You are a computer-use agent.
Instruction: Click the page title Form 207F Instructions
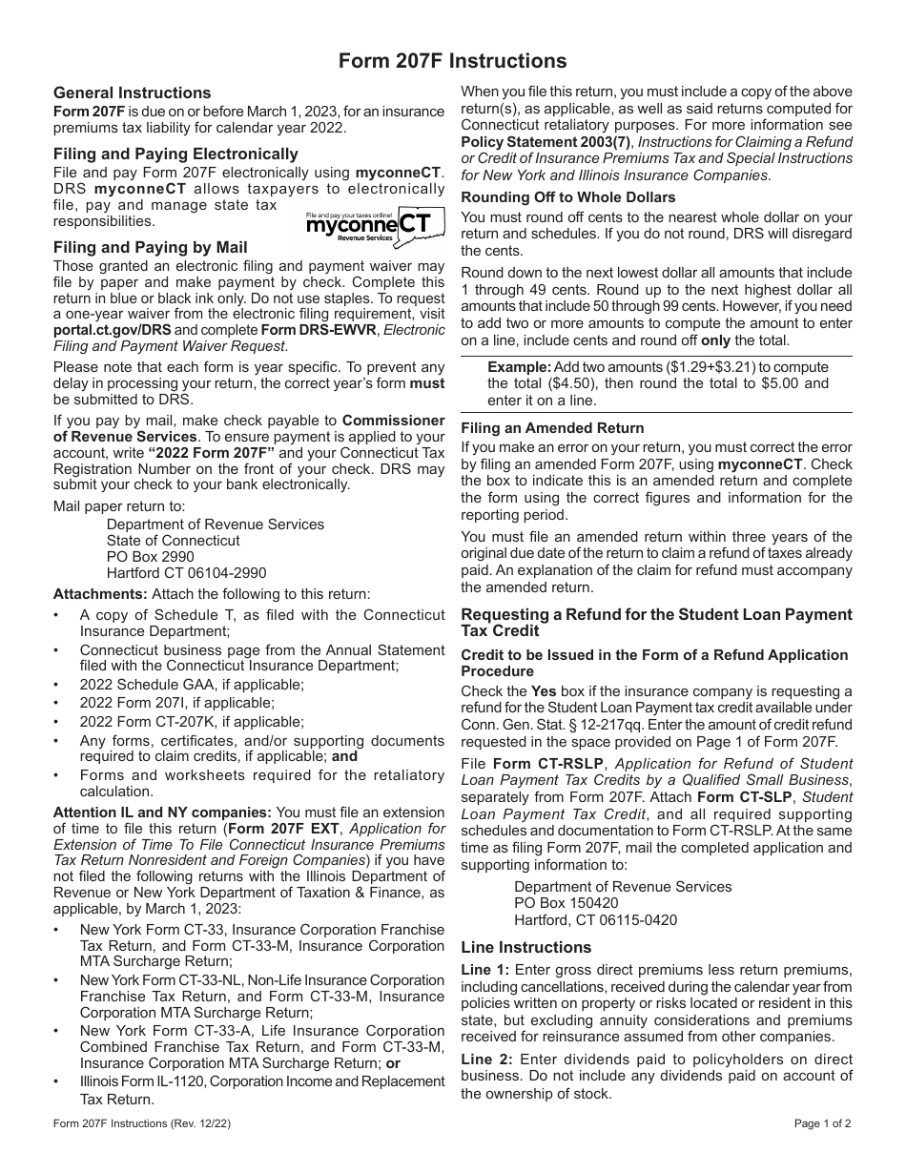[x=453, y=61]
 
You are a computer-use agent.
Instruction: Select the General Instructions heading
[x=133, y=93]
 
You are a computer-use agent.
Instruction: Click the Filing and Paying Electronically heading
[x=175, y=154]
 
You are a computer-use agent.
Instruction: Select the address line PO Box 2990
[x=150, y=557]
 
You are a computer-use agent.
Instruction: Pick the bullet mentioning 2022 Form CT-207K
[x=159, y=722]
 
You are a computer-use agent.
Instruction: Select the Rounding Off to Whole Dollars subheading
[x=568, y=197]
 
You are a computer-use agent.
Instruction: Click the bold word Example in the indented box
[x=519, y=366]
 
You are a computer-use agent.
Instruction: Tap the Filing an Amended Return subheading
[x=552, y=428]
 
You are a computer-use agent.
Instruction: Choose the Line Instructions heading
[x=526, y=947]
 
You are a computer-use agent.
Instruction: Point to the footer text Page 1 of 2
[x=823, y=1123]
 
